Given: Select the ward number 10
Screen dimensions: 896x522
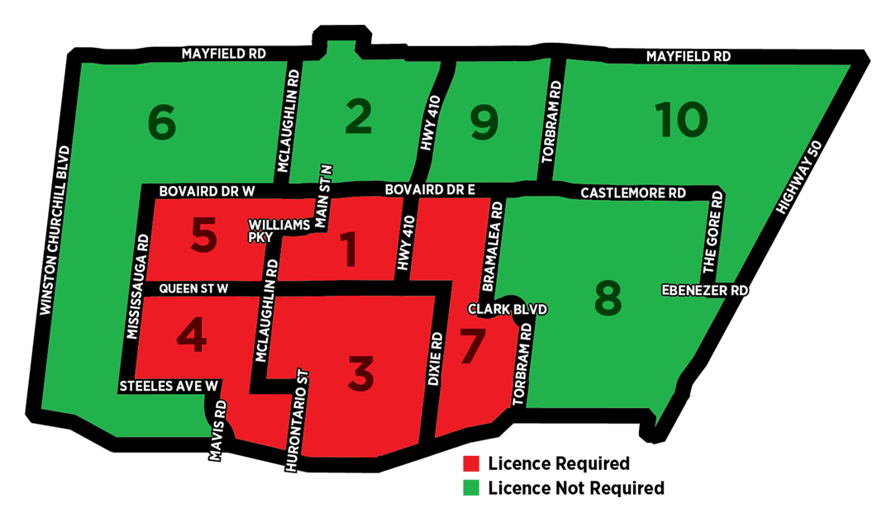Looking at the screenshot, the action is pyautogui.click(x=681, y=121).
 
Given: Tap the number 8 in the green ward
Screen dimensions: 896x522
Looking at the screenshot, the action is pyautogui.click(x=608, y=299).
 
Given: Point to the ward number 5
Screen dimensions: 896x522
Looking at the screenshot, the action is pyautogui.click(x=203, y=236).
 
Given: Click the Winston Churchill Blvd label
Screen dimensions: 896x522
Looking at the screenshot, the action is pyautogui.click(x=55, y=232).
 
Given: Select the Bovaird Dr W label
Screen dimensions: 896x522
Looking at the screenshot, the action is pyautogui.click(x=205, y=191).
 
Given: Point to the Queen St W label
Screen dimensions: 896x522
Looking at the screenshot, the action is pyautogui.click(x=193, y=288).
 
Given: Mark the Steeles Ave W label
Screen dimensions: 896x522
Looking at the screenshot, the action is pyautogui.click(x=169, y=386).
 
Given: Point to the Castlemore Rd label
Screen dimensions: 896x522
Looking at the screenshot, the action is pyautogui.click(x=633, y=192).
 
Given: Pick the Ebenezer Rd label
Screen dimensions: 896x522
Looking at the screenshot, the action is pyautogui.click(x=705, y=291).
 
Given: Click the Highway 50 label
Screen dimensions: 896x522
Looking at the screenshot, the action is pyautogui.click(x=797, y=188).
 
